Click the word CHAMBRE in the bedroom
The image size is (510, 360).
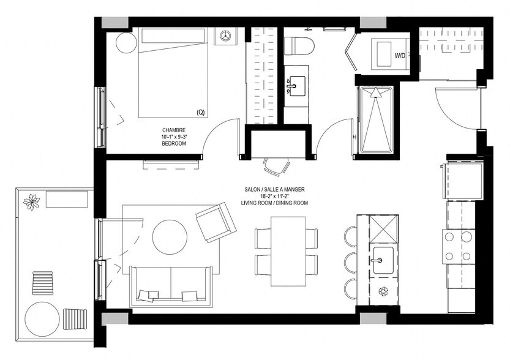point(173,130)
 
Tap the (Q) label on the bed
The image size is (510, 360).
point(200,112)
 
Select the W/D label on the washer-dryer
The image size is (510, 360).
point(400,56)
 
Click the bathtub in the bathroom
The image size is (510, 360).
point(376,119)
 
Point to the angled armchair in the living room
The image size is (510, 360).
point(216,223)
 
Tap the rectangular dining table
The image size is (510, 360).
point(286,250)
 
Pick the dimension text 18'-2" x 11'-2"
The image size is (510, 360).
point(282,196)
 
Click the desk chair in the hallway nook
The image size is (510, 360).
point(277,165)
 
